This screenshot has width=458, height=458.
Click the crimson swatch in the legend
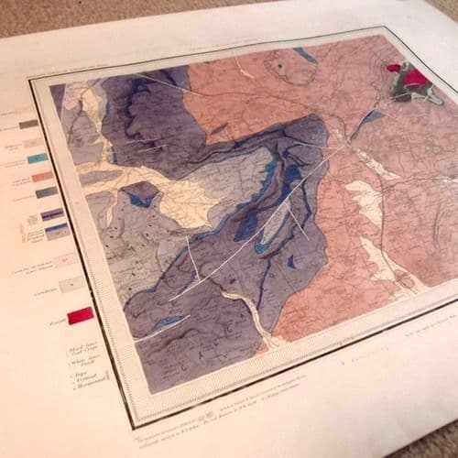point(80,316)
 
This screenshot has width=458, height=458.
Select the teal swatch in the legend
point(38,158)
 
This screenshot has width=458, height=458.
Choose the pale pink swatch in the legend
point(65,261)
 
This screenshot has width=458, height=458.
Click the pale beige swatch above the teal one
point(34,143)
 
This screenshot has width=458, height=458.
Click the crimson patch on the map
point(397,69)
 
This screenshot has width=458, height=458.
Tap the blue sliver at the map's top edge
point(306,56)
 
